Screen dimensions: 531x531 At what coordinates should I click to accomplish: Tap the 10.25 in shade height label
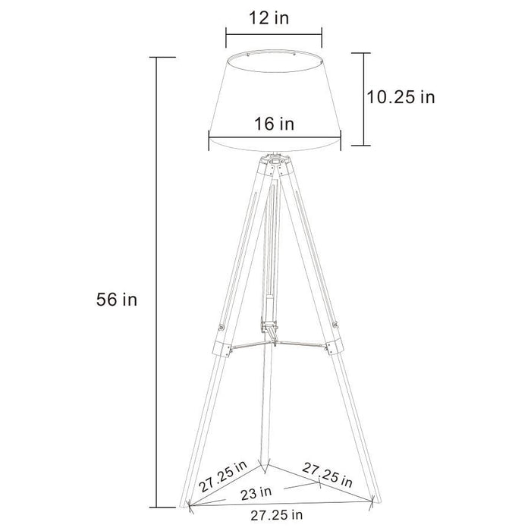(401, 97)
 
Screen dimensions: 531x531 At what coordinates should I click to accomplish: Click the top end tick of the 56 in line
(158, 58)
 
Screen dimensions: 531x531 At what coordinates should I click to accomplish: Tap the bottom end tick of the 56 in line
(158, 506)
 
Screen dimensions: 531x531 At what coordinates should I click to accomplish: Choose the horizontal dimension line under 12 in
(273, 33)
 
